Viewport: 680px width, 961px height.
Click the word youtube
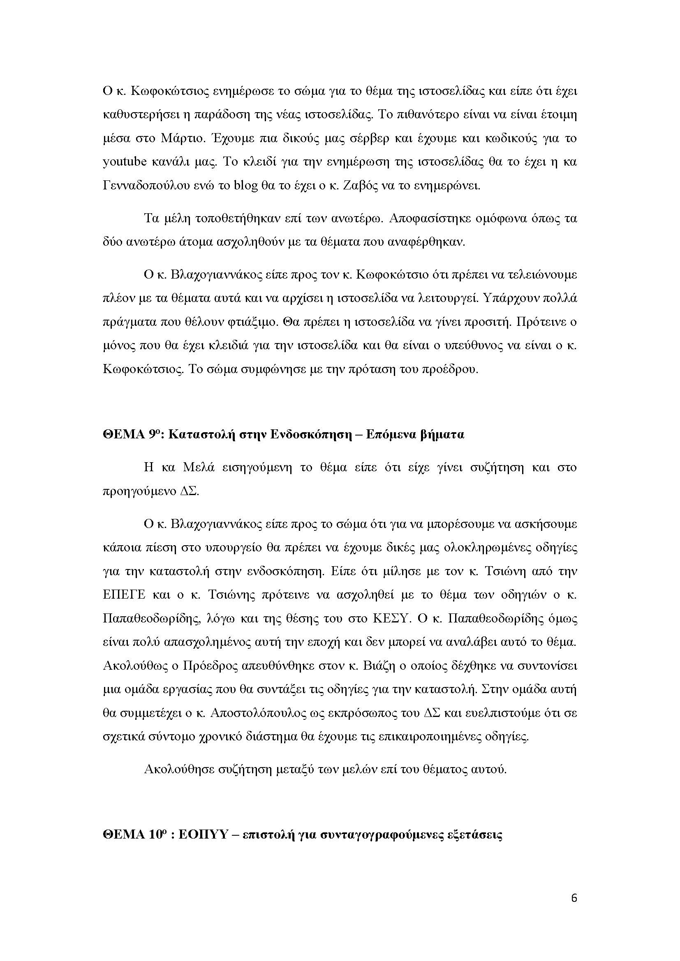tap(124, 162)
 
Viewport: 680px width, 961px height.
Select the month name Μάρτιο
tap(180, 138)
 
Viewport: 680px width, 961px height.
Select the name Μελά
tap(199, 467)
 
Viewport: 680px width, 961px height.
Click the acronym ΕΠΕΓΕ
tap(124, 595)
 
